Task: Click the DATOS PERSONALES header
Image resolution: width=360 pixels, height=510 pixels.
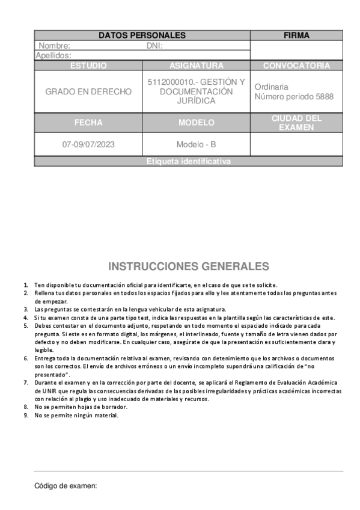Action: [x=142, y=35]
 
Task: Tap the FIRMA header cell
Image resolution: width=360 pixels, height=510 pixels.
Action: [x=296, y=35]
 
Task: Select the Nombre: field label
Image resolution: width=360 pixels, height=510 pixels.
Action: [x=55, y=46]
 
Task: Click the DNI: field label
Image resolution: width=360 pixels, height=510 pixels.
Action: [x=154, y=46]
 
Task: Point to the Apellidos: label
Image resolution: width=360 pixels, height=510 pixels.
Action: [x=53, y=55]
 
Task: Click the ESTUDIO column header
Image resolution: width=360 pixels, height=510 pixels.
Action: [x=88, y=66]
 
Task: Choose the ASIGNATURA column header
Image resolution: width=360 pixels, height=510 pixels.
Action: [x=196, y=66]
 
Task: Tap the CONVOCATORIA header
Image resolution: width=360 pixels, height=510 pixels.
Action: [x=296, y=66]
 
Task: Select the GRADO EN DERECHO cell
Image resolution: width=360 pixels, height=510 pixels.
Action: [x=88, y=91]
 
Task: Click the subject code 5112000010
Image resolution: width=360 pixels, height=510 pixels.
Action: [x=170, y=82]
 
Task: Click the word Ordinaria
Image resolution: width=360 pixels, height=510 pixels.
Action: [x=271, y=87]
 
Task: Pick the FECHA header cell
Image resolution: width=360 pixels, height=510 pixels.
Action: [x=88, y=122]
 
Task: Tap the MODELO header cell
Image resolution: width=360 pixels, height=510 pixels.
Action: [x=196, y=122]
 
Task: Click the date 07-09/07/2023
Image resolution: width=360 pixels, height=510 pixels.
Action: [x=88, y=144]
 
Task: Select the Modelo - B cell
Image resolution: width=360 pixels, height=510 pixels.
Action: [x=196, y=144]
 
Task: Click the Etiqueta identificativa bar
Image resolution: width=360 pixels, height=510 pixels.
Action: [x=188, y=161]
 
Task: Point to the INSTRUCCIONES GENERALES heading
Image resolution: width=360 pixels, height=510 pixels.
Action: [x=188, y=266]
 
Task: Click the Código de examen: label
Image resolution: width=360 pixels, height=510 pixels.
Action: [x=66, y=486]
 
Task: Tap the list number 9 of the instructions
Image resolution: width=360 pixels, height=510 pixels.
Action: [x=26, y=415]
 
